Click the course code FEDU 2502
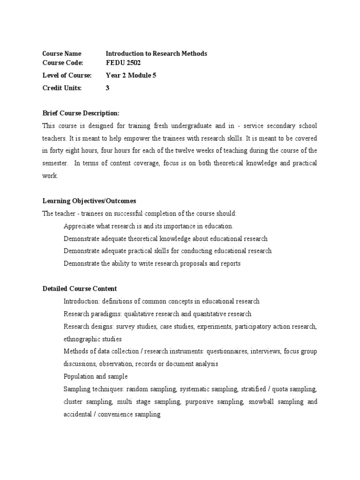point(123,62)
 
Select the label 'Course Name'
point(61,53)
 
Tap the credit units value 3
point(107,88)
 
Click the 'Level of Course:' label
point(67,75)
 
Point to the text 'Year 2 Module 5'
point(131,75)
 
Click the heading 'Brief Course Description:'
point(81,113)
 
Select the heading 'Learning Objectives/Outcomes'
point(89,201)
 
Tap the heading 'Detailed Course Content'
point(80,288)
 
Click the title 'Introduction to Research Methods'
point(156,53)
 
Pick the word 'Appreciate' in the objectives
point(78,226)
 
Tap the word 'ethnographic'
point(82,339)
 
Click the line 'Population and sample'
point(95,376)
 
